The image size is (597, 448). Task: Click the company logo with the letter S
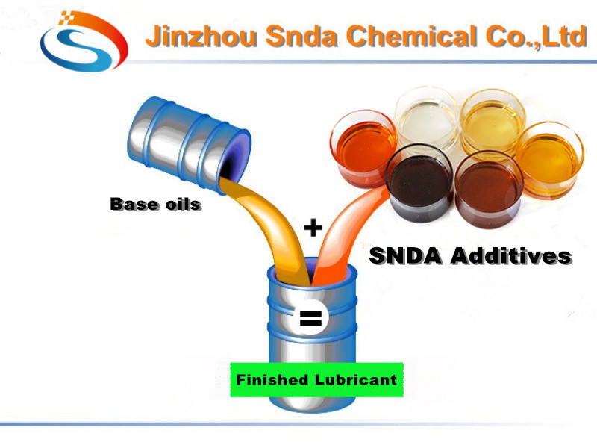pyautogui.click(x=84, y=40)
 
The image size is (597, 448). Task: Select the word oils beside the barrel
pyautogui.click(x=181, y=203)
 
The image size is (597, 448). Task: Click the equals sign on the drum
pyautogui.click(x=310, y=319)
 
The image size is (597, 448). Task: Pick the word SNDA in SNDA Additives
pyautogui.click(x=406, y=256)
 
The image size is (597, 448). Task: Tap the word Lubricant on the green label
pyautogui.click(x=360, y=380)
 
